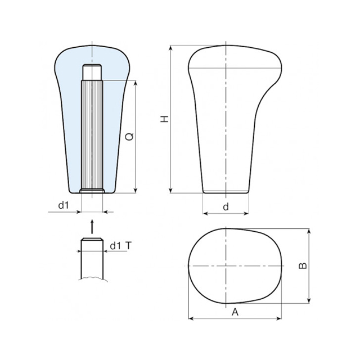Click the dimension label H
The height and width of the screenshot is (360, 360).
click(x=164, y=119)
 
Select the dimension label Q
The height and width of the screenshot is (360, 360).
click(x=129, y=137)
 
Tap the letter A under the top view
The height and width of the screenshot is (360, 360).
click(x=235, y=312)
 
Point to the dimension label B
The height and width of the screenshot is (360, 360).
click(x=303, y=265)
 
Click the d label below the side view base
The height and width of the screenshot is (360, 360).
click(x=226, y=207)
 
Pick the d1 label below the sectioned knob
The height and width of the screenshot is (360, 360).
click(x=64, y=205)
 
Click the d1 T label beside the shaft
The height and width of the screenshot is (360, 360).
click(x=121, y=246)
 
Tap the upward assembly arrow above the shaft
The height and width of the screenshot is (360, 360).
click(x=92, y=226)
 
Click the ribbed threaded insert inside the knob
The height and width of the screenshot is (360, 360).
click(x=92, y=134)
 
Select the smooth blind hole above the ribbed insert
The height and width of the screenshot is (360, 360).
click(x=92, y=72)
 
